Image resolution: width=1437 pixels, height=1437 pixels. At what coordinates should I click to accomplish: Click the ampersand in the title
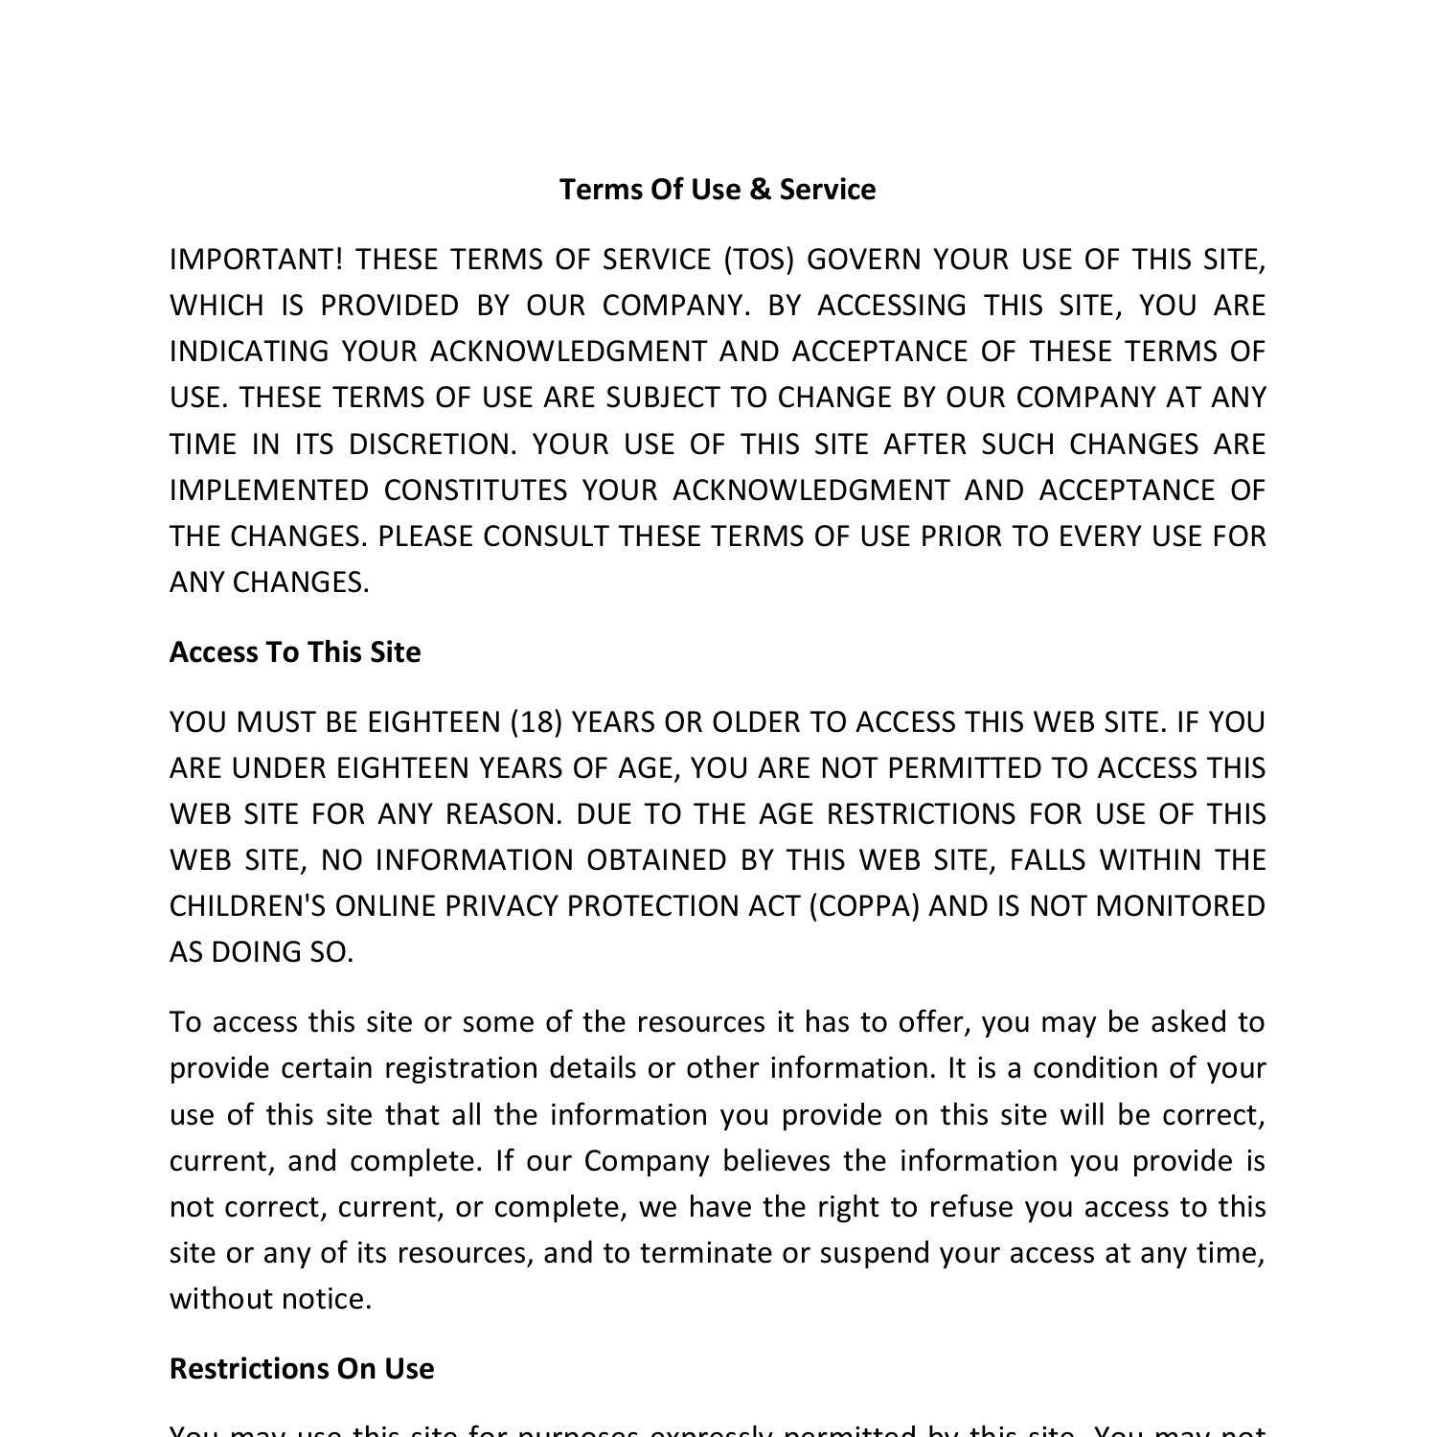point(760,190)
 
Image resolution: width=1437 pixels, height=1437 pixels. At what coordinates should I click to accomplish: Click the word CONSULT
point(545,536)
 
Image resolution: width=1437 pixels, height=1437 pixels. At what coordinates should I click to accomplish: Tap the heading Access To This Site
point(295,652)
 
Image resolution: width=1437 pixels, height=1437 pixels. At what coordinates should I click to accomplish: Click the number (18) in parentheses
point(536,722)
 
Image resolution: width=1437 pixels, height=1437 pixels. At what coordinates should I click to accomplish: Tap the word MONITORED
point(1180,906)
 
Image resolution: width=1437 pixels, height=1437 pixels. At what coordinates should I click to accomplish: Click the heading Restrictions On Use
point(302,1369)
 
